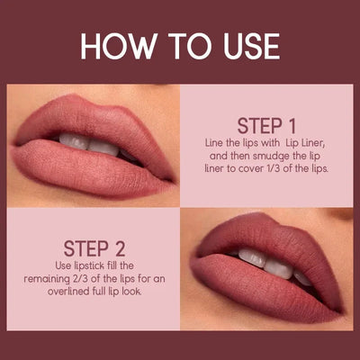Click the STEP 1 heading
coord(266,123)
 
